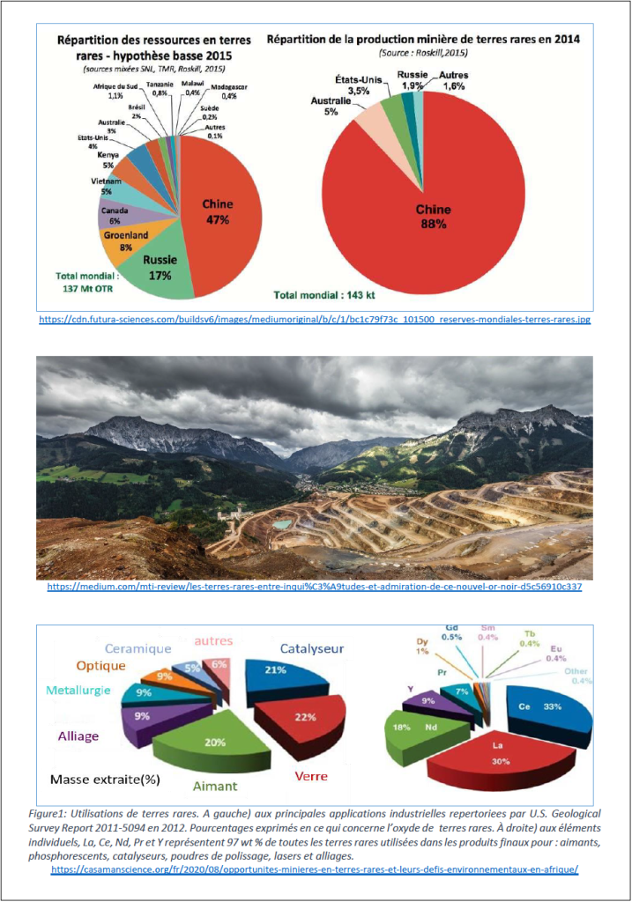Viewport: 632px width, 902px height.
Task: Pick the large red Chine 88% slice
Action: coord(432,211)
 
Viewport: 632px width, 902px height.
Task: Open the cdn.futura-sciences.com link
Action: coord(315,319)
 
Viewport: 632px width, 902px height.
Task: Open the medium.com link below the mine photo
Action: coord(313,586)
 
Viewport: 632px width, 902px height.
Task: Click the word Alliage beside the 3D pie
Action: coord(78,736)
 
